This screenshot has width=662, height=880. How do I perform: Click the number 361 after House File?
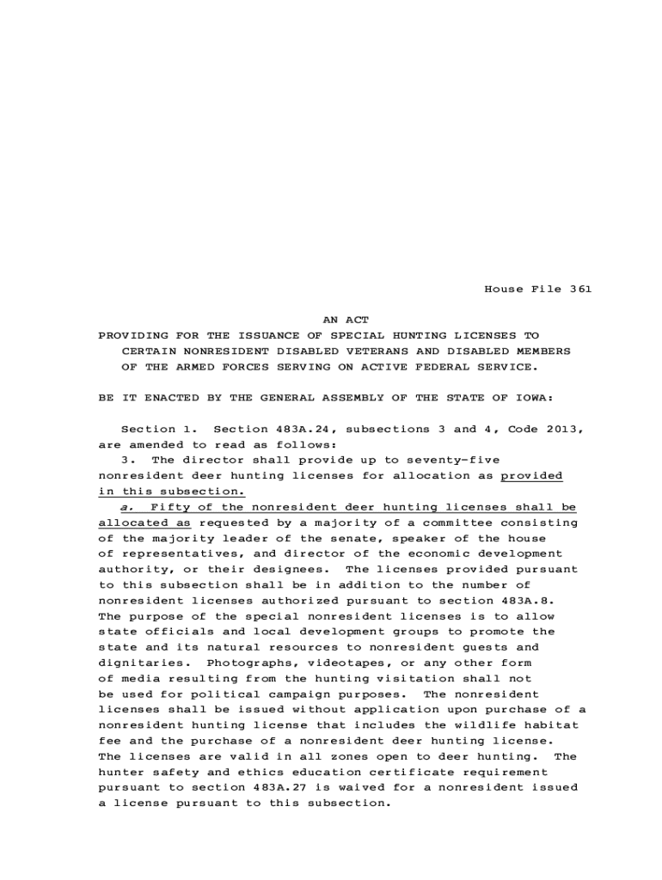[x=580, y=289]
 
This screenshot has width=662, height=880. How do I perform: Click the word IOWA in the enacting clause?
[x=531, y=398]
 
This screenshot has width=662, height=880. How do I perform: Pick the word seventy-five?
[x=454, y=460]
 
